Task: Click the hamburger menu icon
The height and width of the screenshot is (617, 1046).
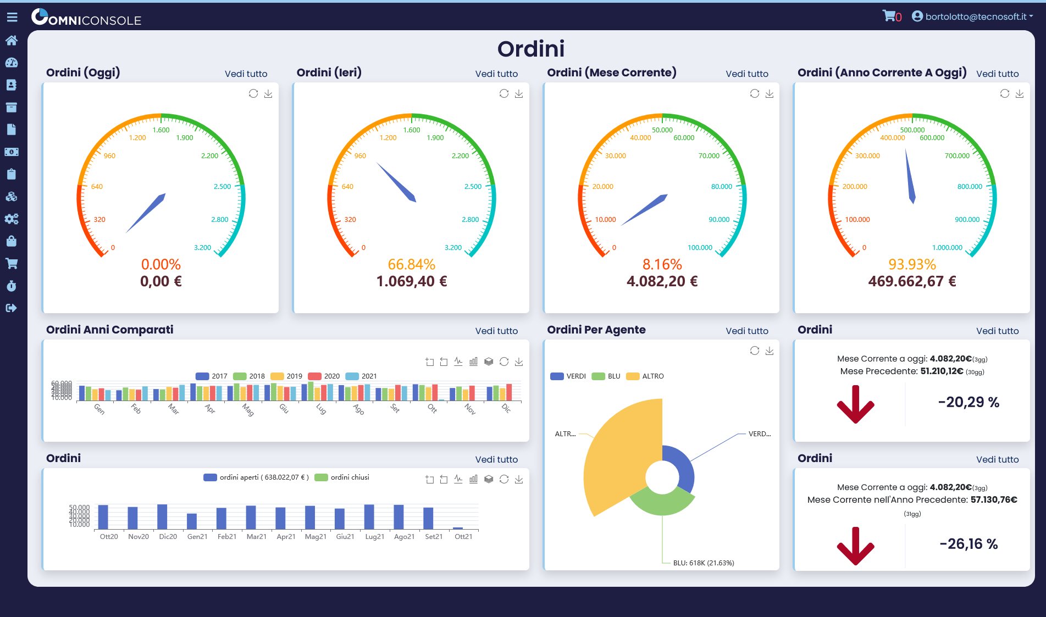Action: coord(12,18)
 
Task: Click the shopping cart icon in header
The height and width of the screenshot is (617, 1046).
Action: coord(888,16)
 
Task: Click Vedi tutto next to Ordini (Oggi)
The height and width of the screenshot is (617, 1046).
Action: coord(246,74)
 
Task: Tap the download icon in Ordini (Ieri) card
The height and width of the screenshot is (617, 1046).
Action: coord(518,94)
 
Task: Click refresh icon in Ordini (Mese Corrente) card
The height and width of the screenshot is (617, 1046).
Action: coord(754,94)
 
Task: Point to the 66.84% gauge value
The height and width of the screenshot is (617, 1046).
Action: coord(411,264)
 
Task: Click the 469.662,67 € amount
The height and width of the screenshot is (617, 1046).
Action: coord(912,281)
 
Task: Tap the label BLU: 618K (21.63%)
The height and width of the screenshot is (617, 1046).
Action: coord(703,563)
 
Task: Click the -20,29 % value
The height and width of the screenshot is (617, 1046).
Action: coord(968,402)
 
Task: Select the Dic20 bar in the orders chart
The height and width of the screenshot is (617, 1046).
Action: coord(162,517)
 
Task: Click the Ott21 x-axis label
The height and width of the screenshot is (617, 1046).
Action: coord(463,537)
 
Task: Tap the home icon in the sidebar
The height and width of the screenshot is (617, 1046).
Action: coord(12,40)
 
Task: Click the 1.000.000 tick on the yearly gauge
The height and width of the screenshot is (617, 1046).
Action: coord(947,248)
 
